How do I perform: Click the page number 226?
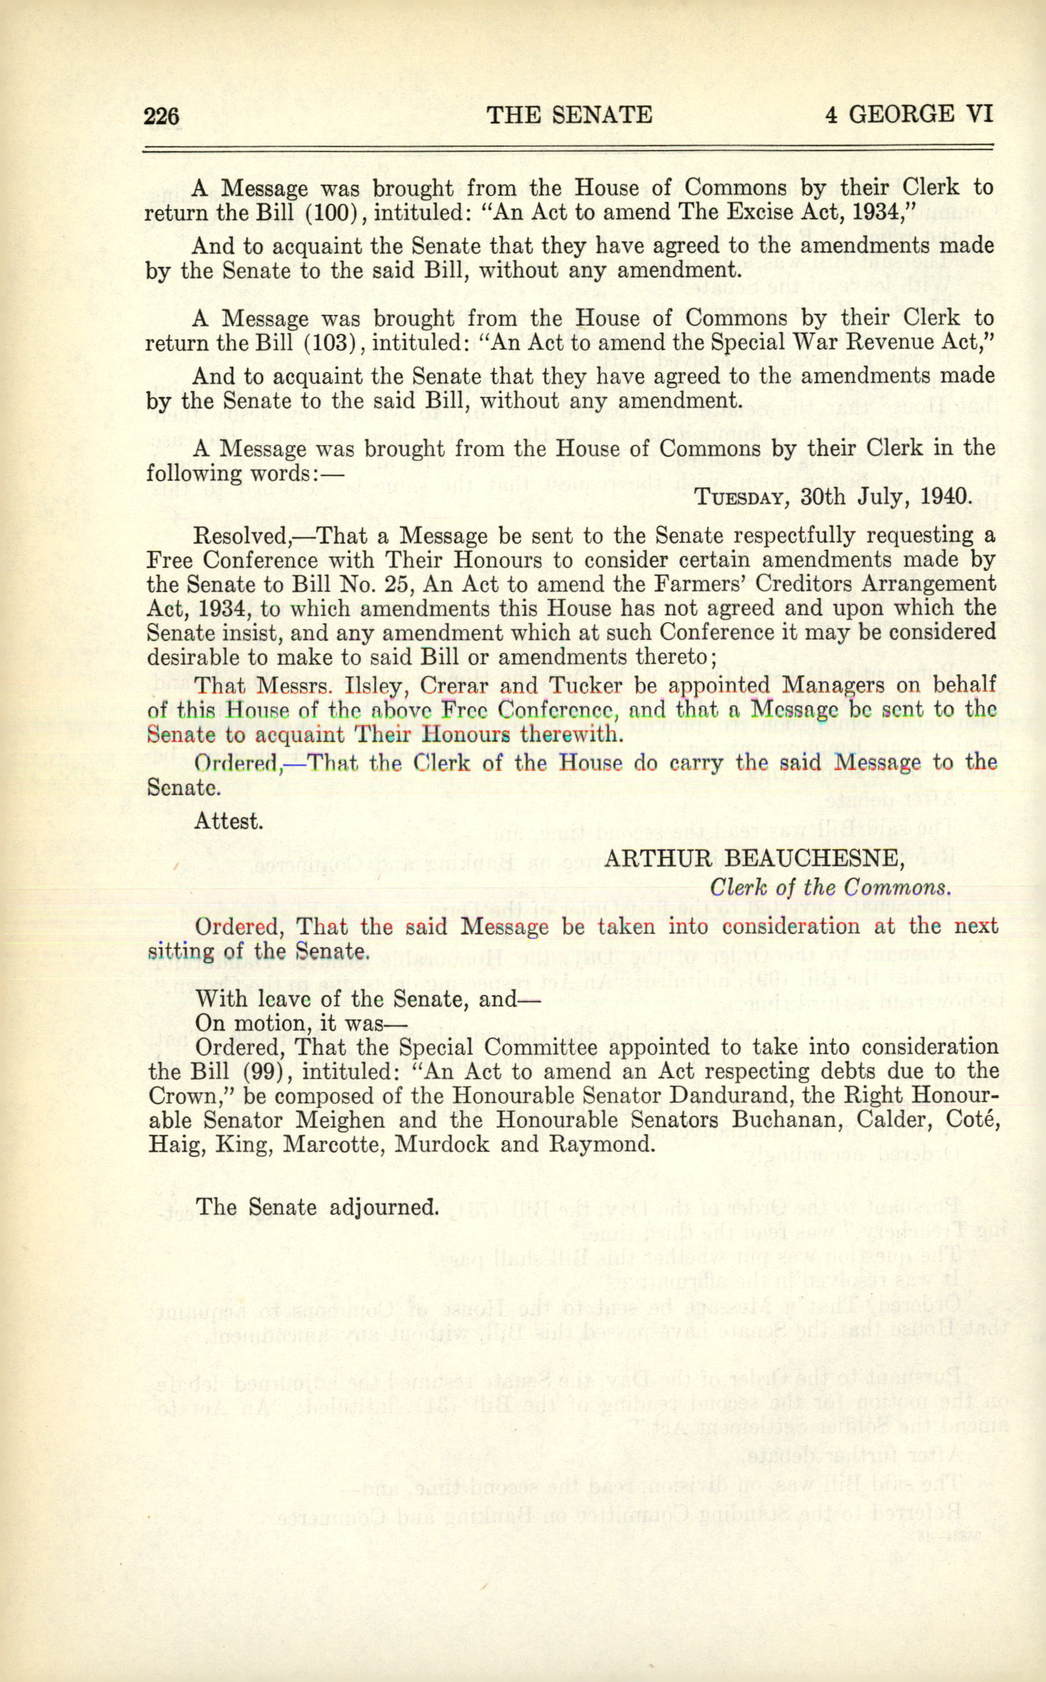click(161, 115)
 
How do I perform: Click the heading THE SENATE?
click(569, 114)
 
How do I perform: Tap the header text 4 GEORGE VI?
click(909, 114)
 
